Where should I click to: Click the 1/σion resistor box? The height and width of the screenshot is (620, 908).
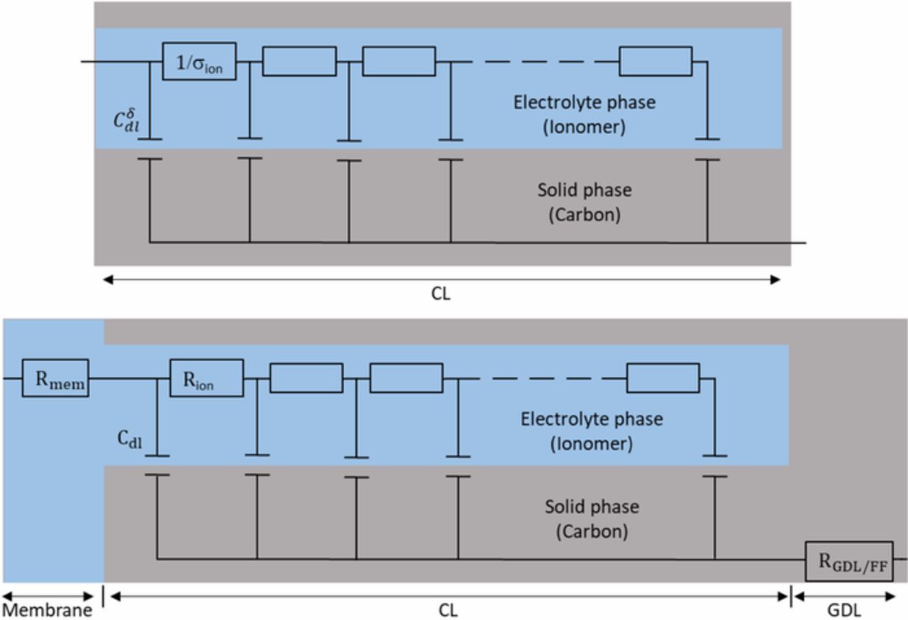pos(199,61)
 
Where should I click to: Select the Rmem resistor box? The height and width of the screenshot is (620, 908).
pos(55,378)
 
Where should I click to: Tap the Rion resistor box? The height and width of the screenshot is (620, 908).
pos(206,378)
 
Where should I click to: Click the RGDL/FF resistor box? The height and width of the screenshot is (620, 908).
pos(848,560)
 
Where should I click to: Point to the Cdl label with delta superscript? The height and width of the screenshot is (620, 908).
pos(128,118)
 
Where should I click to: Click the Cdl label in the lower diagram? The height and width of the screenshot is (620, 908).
pos(130,439)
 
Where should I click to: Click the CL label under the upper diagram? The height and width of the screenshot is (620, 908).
pos(441,294)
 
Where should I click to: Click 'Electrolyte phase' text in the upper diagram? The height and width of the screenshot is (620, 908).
pos(585,102)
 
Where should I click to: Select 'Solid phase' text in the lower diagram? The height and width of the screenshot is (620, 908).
pos(592,507)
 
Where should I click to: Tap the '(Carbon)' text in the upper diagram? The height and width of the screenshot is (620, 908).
pos(585,215)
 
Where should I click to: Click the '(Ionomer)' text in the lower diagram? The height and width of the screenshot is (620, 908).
pos(592,444)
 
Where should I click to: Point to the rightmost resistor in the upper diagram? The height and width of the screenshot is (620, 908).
pos(655,61)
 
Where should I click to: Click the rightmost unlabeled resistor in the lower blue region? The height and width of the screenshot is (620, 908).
pos(663,378)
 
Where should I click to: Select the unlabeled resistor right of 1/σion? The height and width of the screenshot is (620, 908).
pos(299,61)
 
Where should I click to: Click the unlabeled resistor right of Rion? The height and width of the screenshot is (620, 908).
pos(306,378)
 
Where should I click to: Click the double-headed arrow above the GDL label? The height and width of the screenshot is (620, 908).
pos(849,597)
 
